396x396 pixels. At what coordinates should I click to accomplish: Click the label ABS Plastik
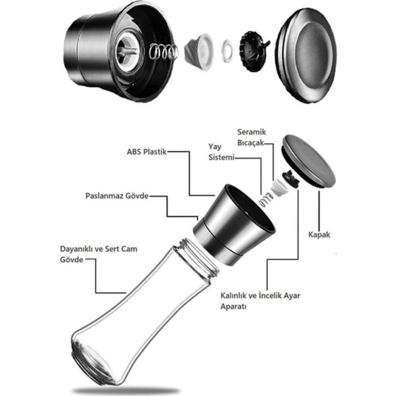147,152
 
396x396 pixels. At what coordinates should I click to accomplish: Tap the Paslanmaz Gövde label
117,196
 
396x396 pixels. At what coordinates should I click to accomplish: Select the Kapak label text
319,234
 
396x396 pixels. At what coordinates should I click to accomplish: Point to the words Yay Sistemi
221,152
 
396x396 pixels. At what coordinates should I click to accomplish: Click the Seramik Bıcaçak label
251,137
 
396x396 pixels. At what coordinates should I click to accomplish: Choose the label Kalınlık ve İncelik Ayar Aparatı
260,301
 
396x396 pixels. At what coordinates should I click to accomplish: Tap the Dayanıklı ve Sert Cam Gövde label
99,254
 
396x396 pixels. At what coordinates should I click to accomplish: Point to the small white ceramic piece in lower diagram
278,187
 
